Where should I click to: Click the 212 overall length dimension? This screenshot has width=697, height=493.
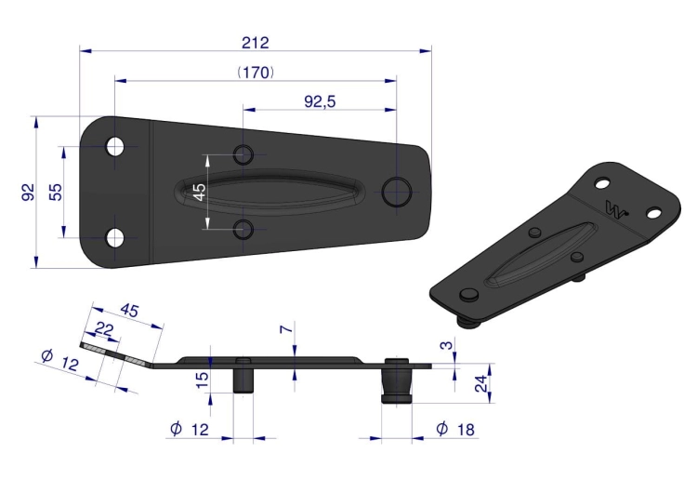pyautogui.click(x=256, y=43)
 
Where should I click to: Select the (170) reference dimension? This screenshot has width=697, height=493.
pyautogui.click(x=256, y=72)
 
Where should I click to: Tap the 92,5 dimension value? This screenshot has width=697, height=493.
pyautogui.click(x=320, y=102)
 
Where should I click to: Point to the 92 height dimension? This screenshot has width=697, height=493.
pyautogui.click(x=29, y=192)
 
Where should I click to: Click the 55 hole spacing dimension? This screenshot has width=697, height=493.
pyautogui.click(x=56, y=192)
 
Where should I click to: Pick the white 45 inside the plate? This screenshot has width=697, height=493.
pyautogui.click(x=200, y=192)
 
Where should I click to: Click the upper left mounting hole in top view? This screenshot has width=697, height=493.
pyautogui.click(x=115, y=146)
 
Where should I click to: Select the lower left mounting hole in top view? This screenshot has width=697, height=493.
pyautogui.click(x=115, y=238)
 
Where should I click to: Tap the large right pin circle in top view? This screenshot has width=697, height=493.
pyautogui.click(x=397, y=192)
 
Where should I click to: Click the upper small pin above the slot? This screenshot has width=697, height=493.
pyautogui.click(x=243, y=154)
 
